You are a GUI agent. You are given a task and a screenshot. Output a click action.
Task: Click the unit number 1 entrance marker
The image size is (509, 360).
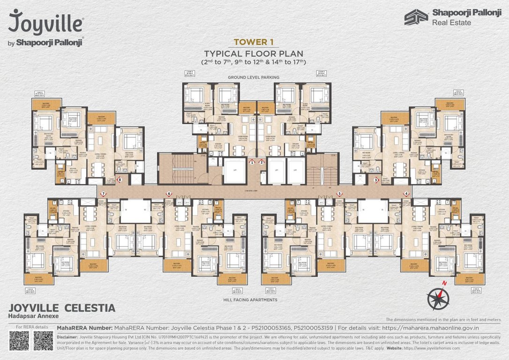click(252, 162)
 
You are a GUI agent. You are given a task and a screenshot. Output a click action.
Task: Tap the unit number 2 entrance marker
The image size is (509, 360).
click(262, 162)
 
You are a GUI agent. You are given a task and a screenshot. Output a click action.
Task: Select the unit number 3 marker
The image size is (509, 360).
click(376, 180)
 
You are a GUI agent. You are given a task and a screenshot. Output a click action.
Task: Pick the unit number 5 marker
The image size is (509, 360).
click(339, 194)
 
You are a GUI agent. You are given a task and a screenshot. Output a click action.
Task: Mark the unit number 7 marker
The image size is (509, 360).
click(103, 194)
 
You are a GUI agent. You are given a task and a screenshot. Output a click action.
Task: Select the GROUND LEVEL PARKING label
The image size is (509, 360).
click(254, 77)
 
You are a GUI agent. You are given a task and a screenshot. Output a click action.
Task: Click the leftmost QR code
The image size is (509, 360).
click(19, 341)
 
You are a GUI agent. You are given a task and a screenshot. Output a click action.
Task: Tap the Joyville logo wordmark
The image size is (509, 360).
click(46, 22)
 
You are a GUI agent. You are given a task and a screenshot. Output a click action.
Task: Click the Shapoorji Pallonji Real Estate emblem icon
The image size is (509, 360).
click(416, 17)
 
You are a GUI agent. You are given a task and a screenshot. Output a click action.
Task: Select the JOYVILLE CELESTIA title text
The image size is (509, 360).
click(62, 308)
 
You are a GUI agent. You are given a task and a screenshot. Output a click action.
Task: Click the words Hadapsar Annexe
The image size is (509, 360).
click(31, 317)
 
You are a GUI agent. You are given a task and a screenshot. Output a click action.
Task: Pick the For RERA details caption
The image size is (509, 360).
click(32, 327)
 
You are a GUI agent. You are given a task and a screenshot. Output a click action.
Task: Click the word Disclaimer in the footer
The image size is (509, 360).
click(67, 337)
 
